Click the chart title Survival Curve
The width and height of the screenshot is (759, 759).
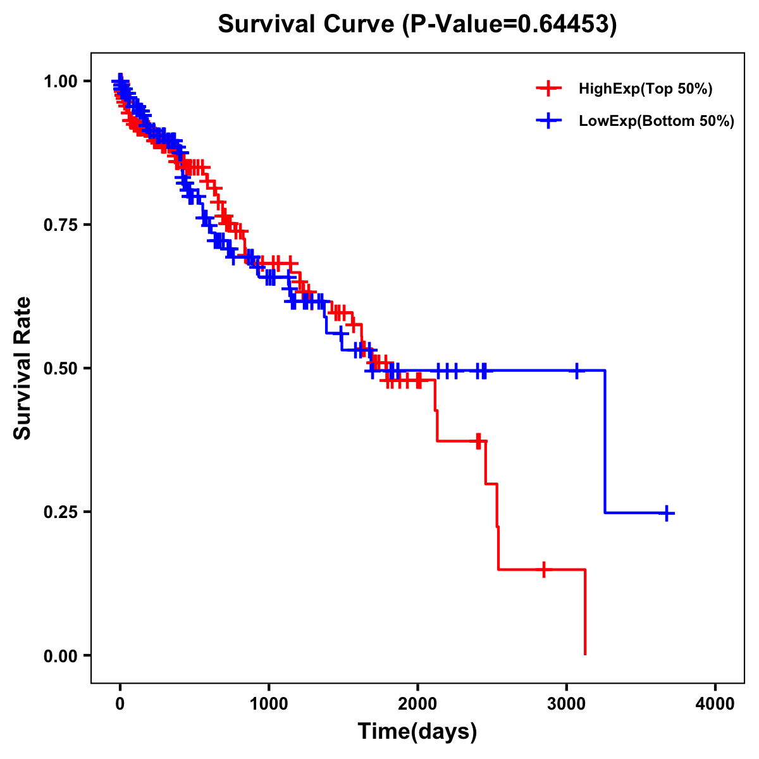[307, 24]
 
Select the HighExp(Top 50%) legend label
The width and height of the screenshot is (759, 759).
[645, 89]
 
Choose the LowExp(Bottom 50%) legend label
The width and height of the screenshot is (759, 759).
[656, 121]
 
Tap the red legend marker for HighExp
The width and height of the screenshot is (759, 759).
[548, 89]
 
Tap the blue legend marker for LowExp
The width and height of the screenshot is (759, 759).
[548, 121]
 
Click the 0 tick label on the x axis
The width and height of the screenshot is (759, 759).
[120, 704]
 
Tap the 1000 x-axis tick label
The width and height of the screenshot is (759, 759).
[269, 704]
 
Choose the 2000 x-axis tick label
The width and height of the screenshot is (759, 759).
[417, 704]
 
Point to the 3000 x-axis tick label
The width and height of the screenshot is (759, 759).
[567, 704]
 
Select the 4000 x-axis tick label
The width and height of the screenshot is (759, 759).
[715, 704]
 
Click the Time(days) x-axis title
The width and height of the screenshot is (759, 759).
[417, 732]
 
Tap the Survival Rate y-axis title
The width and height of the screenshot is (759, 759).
[23, 368]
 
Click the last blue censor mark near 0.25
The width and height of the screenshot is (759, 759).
[666, 513]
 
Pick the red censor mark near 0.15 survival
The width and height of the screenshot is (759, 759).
[543, 569]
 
